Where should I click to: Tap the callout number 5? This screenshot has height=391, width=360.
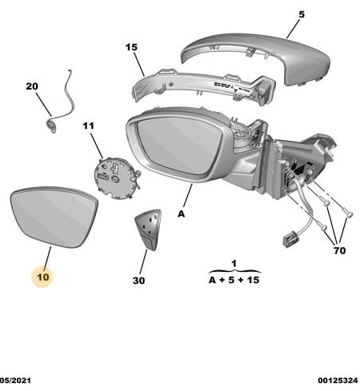pos(302,14)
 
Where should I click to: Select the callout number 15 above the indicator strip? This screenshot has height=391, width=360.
pos(131,47)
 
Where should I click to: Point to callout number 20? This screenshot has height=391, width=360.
pos(32,86)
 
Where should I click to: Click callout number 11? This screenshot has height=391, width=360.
pos(88,126)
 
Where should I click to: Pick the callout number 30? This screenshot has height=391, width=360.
pos(138,281)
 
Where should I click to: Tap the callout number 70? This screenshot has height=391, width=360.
pos(339,250)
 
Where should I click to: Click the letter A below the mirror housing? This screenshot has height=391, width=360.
pos(181,213)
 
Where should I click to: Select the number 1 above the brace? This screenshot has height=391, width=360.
pos(234,264)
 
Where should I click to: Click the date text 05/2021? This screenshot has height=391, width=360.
pos(15,380)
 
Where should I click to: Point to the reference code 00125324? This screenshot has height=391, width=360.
pos(338,380)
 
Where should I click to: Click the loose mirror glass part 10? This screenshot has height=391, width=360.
pos(54,217)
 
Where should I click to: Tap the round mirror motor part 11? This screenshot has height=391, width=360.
pos(114,178)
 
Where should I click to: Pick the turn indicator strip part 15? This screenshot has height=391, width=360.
pos(202,86)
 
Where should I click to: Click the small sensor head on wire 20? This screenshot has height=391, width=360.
pos(51,126)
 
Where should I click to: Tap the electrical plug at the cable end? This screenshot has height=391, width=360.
pos(290,239)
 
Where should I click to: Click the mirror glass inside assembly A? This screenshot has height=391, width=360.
pos(179,146)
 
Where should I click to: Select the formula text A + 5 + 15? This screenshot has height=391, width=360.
pos(234,280)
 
